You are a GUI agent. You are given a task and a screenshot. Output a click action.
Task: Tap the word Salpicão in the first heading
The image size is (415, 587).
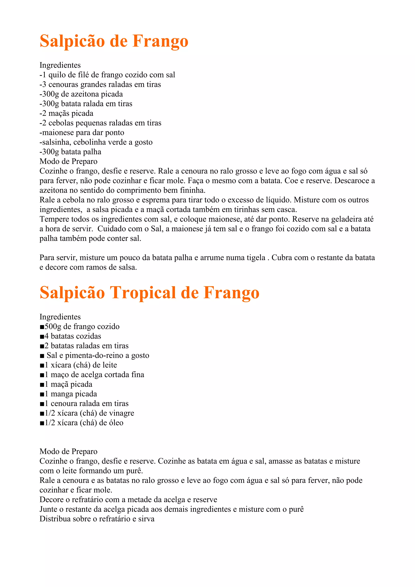coord(72,41)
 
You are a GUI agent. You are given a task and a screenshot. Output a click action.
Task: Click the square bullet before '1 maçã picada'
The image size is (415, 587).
coord(42,384)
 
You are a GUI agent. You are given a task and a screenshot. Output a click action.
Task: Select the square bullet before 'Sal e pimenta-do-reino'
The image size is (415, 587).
coord(42,356)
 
